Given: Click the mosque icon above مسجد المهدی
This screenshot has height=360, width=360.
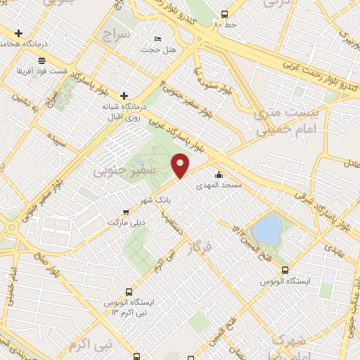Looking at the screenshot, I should tap(219, 174).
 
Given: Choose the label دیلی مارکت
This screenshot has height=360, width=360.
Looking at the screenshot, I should tap(125, 221).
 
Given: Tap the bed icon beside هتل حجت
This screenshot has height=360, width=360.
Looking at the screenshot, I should tap(157, 39).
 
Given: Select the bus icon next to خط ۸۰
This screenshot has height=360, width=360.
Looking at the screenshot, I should tap(224, 14).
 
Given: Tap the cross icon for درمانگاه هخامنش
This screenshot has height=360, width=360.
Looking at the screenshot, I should tap(18, 33).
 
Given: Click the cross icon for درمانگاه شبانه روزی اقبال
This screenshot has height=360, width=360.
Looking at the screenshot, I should tap(124, 95).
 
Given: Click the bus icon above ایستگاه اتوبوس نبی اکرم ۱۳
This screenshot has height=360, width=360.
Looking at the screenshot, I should tap(128, 291).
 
